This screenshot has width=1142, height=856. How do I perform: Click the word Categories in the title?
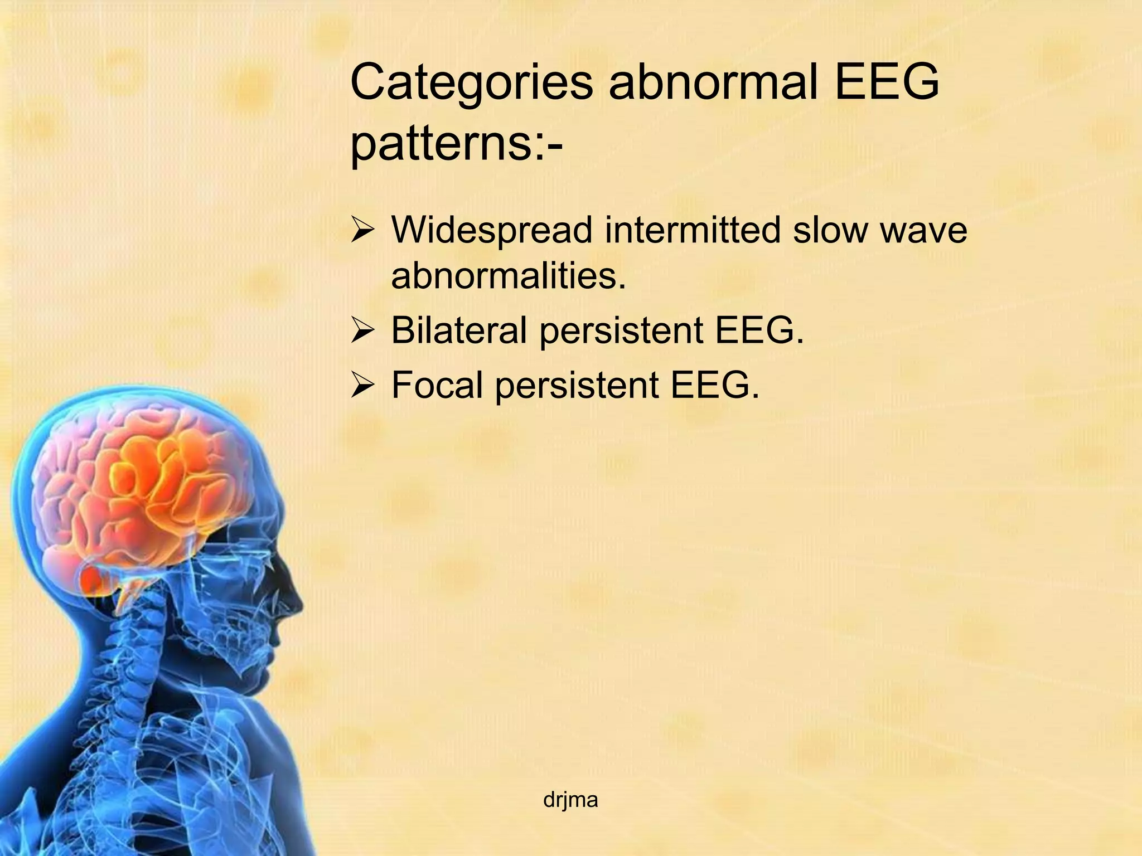pos(471,84)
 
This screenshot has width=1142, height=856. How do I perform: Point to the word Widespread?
pos(491,230)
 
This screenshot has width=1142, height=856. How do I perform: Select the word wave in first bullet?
pos(923,230)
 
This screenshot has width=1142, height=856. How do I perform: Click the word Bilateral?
pos(458,330)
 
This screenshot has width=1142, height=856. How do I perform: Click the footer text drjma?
pos(570,800)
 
